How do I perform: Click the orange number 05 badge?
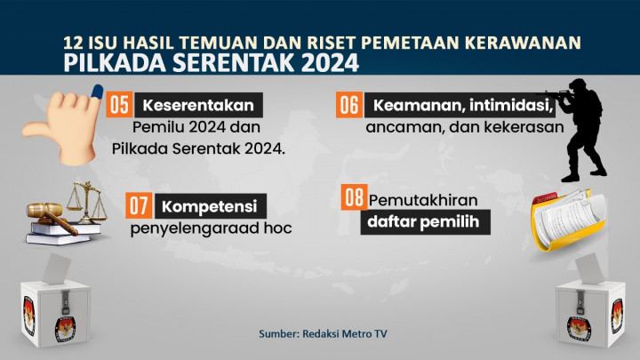point(118,105)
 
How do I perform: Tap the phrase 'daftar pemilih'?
point(426,223)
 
